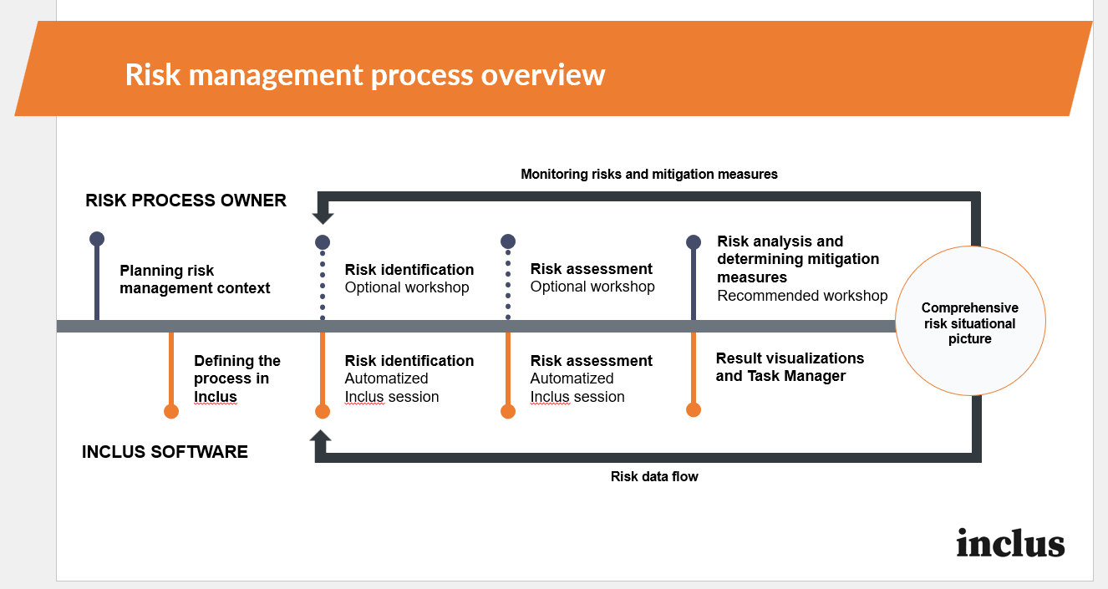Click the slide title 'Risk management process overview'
tap(365, 74)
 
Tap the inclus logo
tap(1010, 543)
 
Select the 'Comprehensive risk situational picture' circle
tap(970, 323)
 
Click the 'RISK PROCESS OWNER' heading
tap(186, 201)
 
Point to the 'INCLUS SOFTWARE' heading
tap(165, 452)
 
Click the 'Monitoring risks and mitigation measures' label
tap(648, 175)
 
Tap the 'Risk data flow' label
tap(654, 477)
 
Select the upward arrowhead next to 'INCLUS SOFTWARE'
tap(321, 436)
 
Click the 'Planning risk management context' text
tap(195, 280)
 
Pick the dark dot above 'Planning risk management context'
tap(97, 239)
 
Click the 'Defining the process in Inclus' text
tap(237, 378)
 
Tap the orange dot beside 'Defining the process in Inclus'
tap(171, 411)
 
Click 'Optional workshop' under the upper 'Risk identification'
tap(407, 288)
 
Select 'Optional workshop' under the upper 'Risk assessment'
tap(592, 287)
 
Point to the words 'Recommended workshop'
tap(802, 296)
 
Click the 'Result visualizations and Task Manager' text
tap(790, 367)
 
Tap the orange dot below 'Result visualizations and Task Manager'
tap(693, 409)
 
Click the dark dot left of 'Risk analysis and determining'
tap(693, 242)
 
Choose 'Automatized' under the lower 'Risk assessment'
tap(572, 379)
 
